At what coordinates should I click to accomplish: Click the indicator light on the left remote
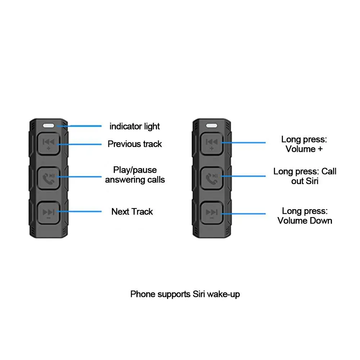click(49, 126)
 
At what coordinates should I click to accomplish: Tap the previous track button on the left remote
click(49, 144)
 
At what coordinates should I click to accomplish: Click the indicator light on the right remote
click(211, 126)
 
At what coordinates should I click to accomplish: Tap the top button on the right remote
click(212, 144)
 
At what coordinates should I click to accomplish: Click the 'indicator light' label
click(135, 126)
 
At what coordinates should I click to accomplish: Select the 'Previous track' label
click(135, 144)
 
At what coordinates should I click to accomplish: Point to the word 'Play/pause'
click(135, 170)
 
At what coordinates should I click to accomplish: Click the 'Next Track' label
click(132, 211)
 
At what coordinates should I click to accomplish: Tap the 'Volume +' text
click(304, 149)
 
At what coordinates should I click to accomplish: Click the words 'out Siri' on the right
click(305, 181)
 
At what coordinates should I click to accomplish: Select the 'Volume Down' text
click(305, 221)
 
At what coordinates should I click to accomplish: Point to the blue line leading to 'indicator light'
click(79, 126)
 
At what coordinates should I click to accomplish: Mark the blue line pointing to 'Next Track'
click(79, 211)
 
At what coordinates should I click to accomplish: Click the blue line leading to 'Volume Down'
click(243, 214)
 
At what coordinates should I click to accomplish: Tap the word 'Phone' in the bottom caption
click(143, 294)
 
